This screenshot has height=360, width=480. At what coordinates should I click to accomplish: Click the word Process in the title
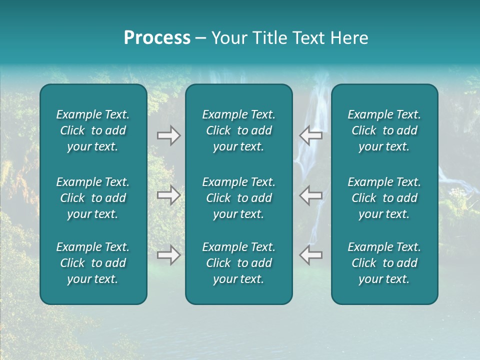coord(157,38)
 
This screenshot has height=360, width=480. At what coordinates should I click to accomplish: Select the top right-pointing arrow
coord(169,135)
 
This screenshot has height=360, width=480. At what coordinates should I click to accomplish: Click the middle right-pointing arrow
coord(169,195)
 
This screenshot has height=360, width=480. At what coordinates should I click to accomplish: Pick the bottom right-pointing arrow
coord(169,255)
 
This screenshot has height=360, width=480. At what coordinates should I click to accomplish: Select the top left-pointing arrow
coord(310,135)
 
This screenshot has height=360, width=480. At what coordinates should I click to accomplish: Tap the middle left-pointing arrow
coord(310,195)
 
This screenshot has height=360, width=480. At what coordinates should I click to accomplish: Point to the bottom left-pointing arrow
coord(310,255)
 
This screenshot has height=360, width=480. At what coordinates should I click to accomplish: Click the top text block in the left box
coord(93,130)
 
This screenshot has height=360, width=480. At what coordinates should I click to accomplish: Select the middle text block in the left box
coord(93,198)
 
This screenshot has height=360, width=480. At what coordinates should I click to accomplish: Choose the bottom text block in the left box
coord(93,263)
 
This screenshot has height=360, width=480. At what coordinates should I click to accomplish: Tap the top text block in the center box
coord(238,130)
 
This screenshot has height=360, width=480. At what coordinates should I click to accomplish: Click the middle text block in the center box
coord(238,198)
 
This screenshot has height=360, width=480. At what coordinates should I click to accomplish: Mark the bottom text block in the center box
coord(238,263)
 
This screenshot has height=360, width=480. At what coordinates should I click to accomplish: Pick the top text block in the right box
coord(384,130)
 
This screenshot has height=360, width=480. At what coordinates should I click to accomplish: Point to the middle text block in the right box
coord(384,198)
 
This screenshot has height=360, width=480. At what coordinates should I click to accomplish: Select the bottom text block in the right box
coord(384,263)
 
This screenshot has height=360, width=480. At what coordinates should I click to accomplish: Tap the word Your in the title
coord(228,38)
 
